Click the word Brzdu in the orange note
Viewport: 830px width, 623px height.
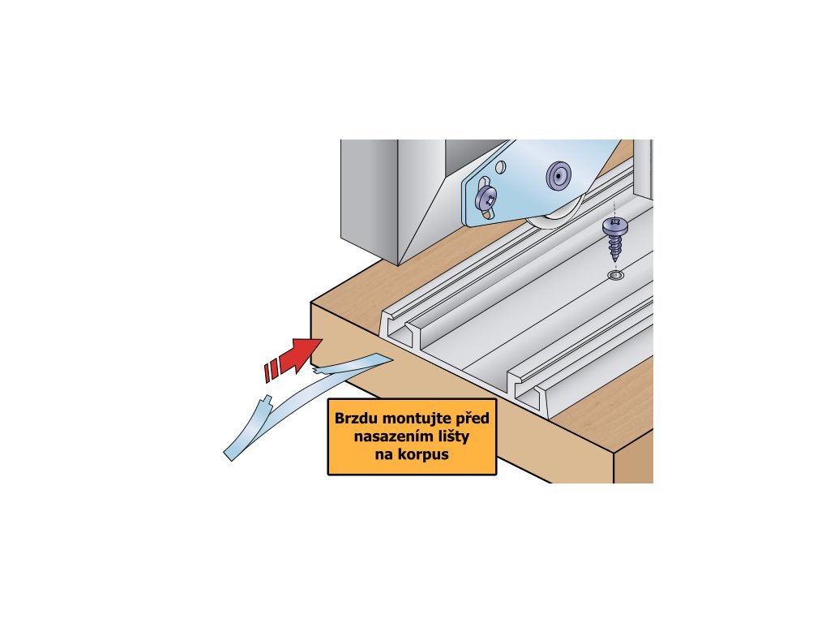359,419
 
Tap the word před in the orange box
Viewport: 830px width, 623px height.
469,419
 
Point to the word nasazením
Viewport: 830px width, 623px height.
391,438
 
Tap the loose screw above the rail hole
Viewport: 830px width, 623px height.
615,239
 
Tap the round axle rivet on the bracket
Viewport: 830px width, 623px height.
558,173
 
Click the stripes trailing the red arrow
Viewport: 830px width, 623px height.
272,370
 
